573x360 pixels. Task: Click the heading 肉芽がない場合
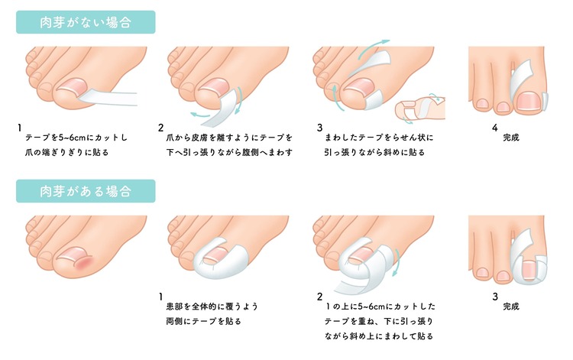tap(86, 22)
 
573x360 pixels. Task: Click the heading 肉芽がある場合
tap(86, 191)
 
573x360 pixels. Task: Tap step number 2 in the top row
tap(160, 128)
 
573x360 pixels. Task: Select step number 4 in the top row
tap(495, 128)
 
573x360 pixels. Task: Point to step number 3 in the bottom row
tap(495, 297)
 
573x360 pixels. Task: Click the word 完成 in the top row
tap(511, 138)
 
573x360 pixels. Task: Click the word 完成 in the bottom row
tap(511, 306)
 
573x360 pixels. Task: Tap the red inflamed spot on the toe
tap(84, 262)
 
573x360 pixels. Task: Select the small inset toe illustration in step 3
tap(420, 109)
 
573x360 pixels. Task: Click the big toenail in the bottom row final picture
tap(529, 270)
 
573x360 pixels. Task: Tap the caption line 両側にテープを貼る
tap(203, 321)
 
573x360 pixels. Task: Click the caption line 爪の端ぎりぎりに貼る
tap(67, 152)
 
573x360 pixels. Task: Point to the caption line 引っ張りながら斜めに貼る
tap(374, 152)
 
